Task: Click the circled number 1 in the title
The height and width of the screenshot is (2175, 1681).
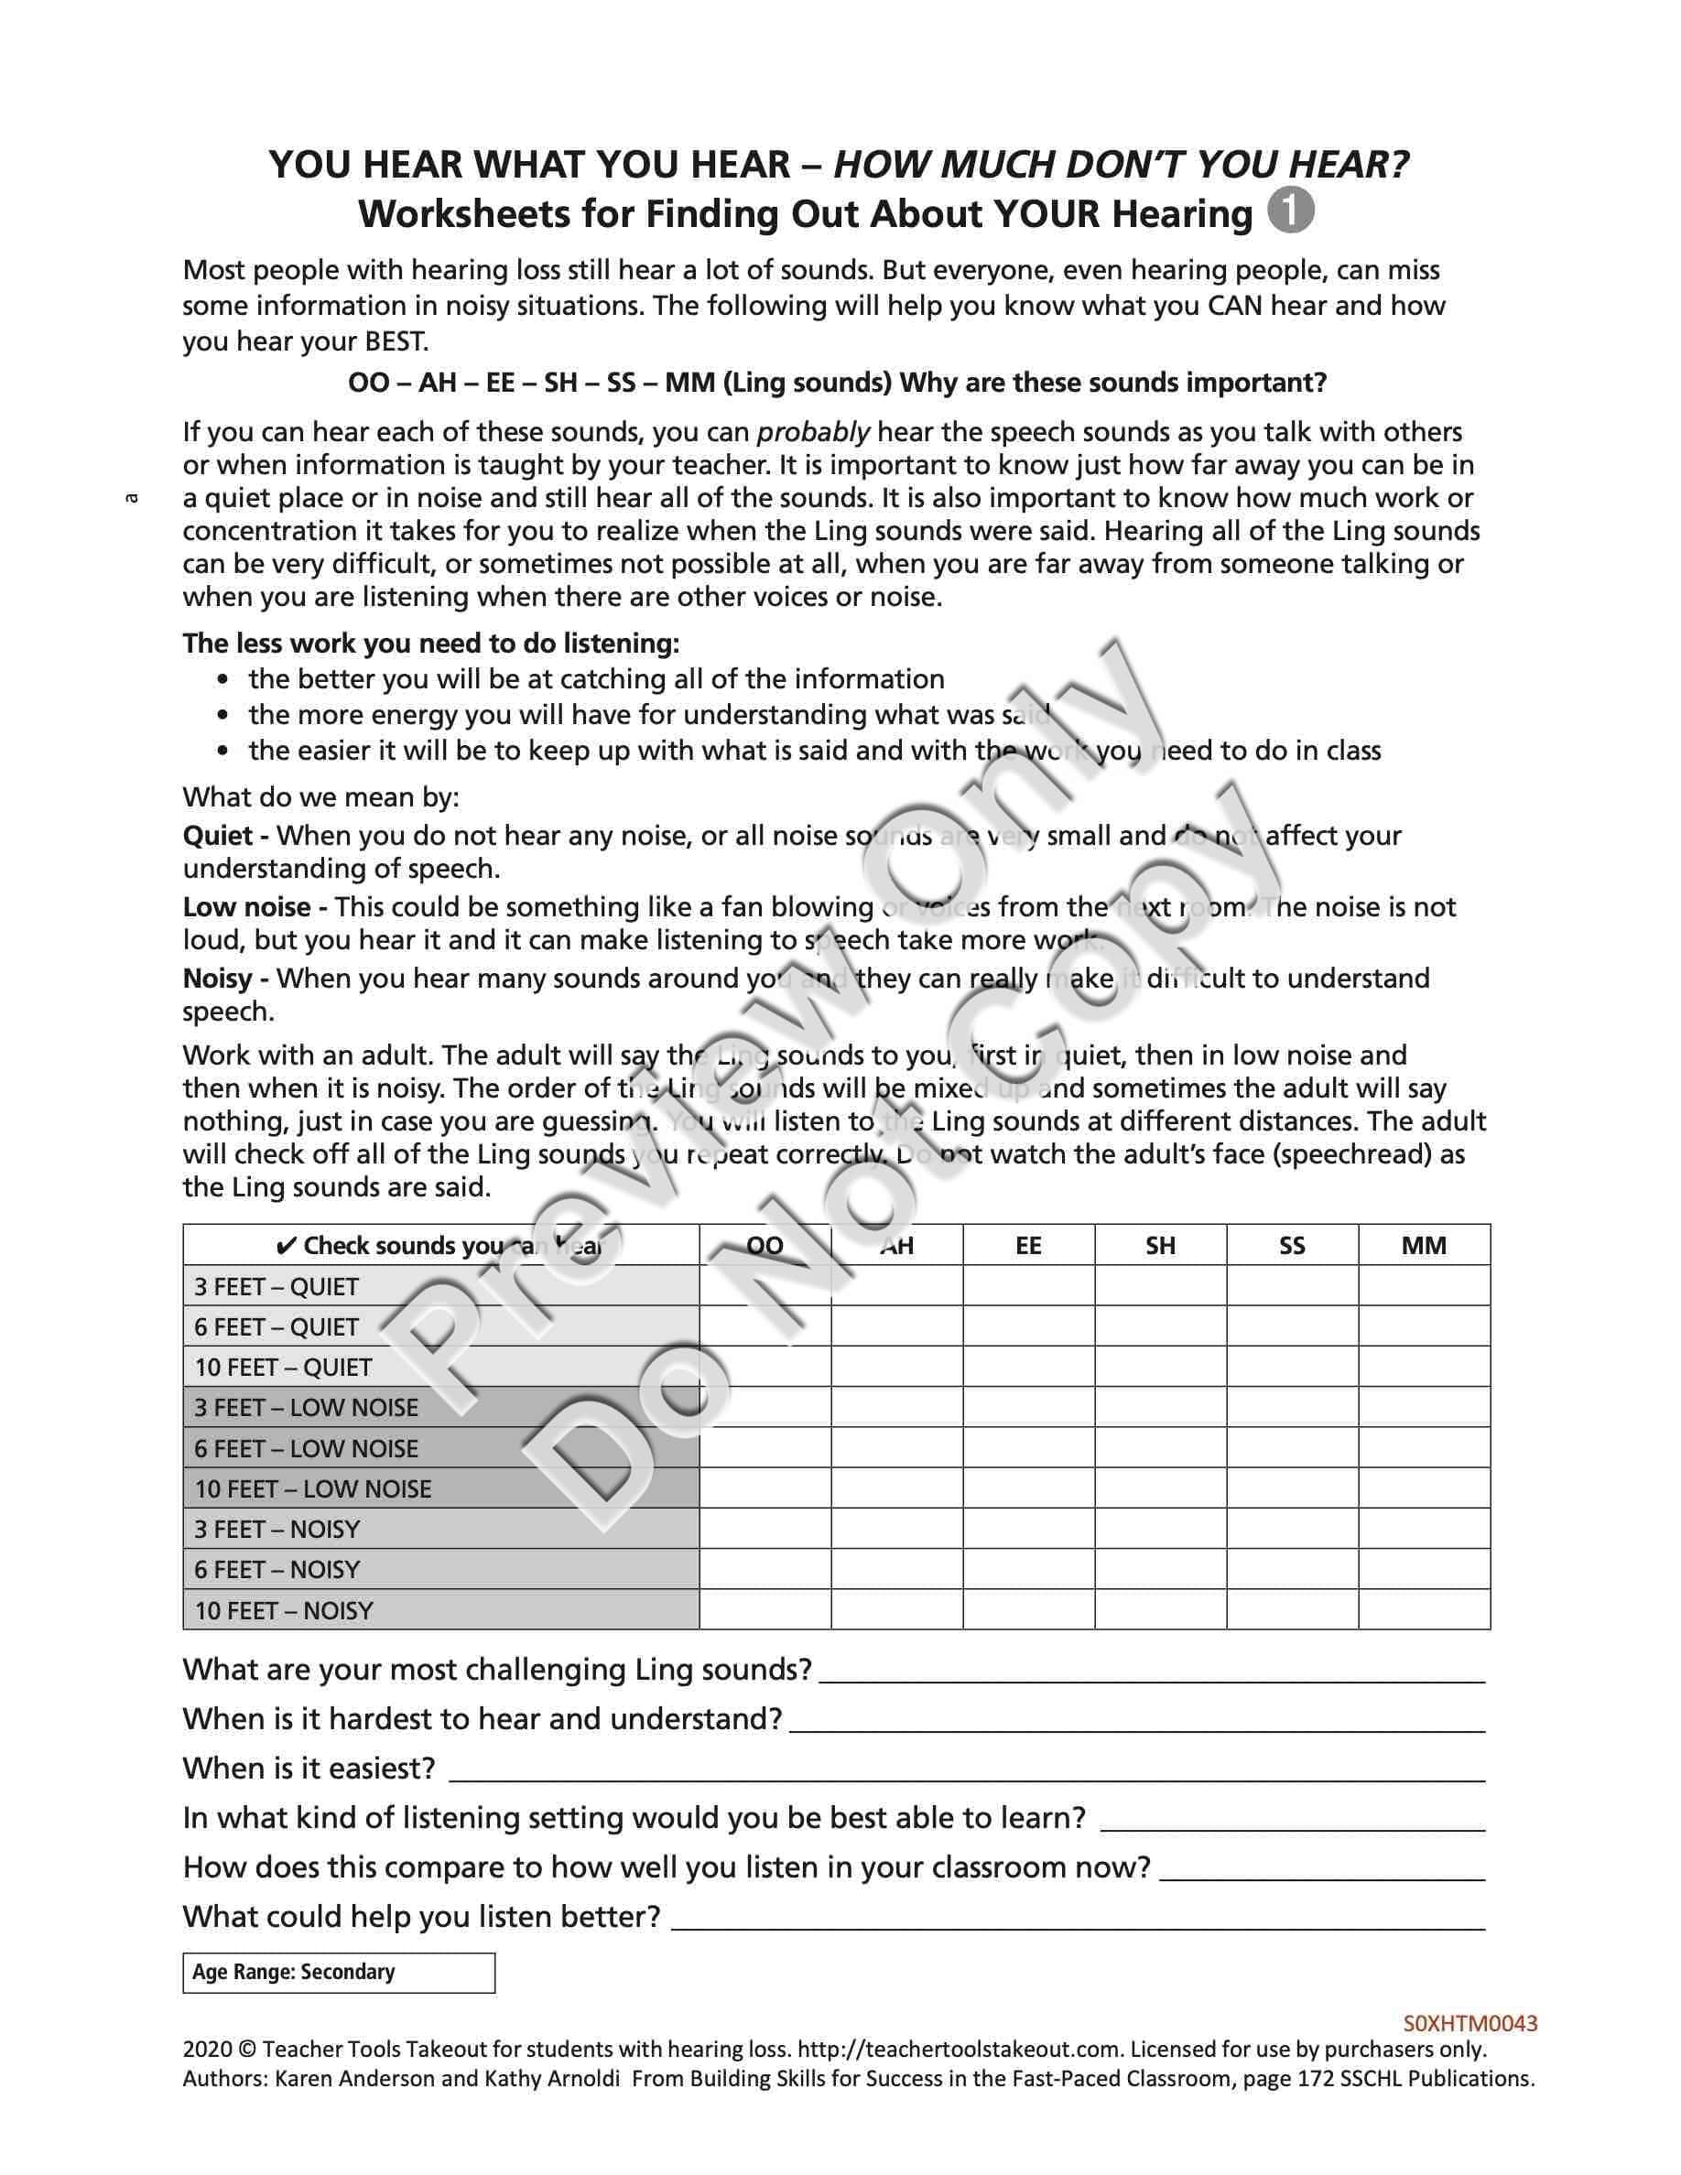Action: [x=1291, y=211]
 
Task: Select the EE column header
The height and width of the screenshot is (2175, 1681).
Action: [x=1029, y=1246]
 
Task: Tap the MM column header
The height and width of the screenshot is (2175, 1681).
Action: [x=1423, y=1246]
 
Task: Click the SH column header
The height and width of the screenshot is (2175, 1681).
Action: [x=1160, y=1246]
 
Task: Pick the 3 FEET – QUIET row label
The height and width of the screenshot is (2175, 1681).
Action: [x=277, y=1287]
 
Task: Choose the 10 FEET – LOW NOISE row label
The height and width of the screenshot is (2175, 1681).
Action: [x=313, y=1488]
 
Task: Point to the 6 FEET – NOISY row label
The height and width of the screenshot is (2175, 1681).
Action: [x=277, y=1570]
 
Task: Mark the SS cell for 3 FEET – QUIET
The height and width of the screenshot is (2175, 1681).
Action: [x=1292, y=1287]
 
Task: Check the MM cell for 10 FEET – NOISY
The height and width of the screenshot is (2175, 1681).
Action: [x=1423, y=1610]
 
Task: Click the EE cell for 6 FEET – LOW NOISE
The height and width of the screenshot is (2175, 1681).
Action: [x=1029, y=1448]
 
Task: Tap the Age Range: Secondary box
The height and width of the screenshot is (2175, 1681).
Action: [x=339, y=1972]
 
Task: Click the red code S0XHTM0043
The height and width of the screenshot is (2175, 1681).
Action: [x=1470, y=2023]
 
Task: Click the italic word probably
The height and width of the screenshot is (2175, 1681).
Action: [x=813, y=432]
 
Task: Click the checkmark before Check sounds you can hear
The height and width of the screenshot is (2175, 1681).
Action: [x=286, y=1246]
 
